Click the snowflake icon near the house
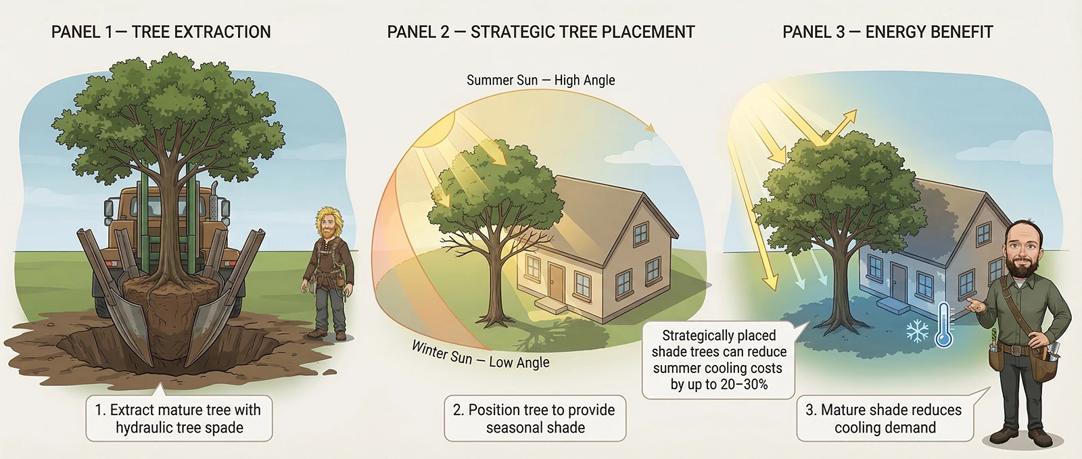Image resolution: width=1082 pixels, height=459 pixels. click(918, 331)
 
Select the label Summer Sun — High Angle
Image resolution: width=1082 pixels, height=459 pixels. click(540, 80)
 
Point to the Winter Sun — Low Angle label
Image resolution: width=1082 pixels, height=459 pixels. click(480, 355)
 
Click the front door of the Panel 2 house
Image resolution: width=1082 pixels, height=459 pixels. click(557, 280)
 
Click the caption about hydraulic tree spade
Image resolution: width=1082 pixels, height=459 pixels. click(179, 418)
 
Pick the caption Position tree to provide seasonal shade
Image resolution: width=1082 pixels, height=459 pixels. click(534, 418)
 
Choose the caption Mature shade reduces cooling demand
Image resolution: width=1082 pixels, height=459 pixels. click(884, 418)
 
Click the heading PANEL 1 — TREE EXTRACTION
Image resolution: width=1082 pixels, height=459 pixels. click(161, 32)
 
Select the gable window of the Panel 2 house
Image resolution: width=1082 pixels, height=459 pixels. click(640, 234)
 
